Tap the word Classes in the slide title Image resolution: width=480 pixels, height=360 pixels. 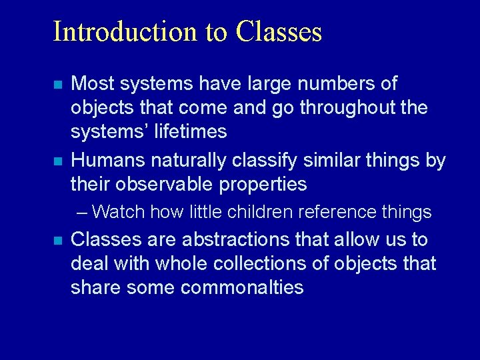279,31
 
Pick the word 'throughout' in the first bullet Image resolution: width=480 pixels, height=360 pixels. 336,108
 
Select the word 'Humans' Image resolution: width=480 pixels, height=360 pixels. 108,160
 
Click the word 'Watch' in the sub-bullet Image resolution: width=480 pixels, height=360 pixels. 119,212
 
